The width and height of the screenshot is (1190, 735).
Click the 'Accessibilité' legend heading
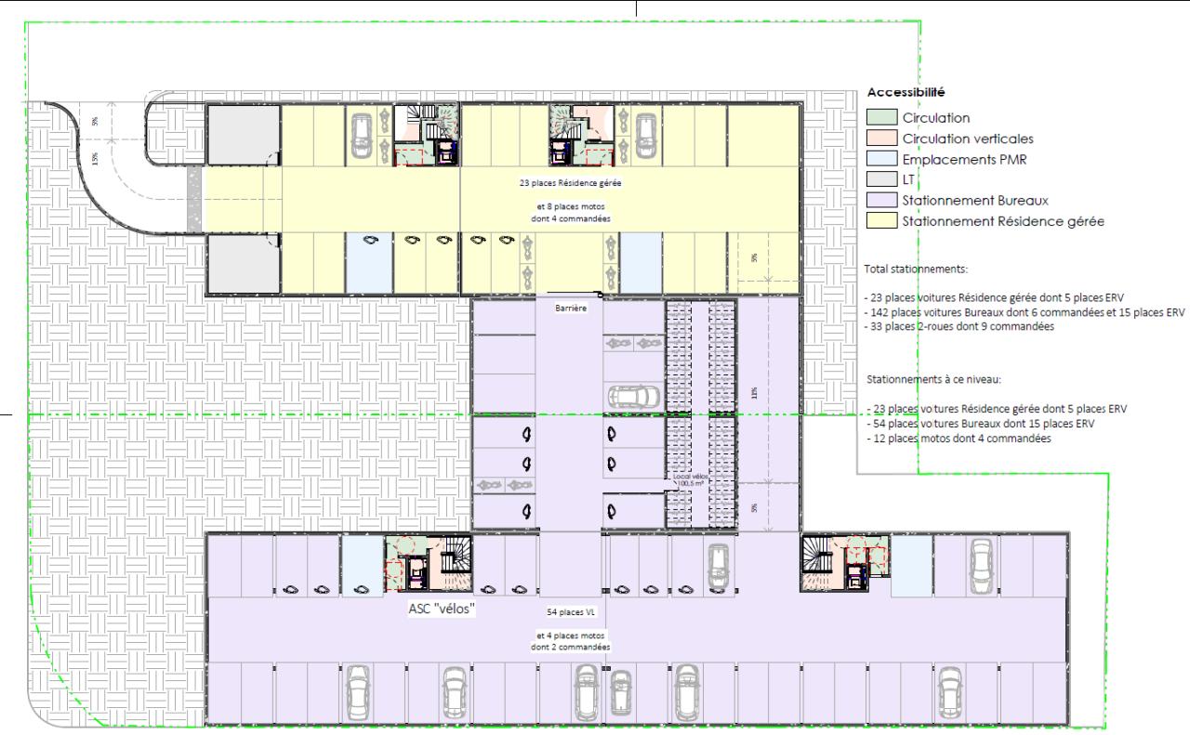pos(906,93)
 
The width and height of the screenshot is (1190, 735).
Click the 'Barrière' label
pos(571,308)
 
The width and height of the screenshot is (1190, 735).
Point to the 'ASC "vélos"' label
pos(443,609)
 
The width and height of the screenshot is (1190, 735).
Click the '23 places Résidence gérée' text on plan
pos(571,183)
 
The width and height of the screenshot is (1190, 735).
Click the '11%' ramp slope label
pos(755,392)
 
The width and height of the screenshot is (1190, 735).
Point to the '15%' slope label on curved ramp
pos(95,157)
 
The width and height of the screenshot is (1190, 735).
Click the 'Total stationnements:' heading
pos(916,269)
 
